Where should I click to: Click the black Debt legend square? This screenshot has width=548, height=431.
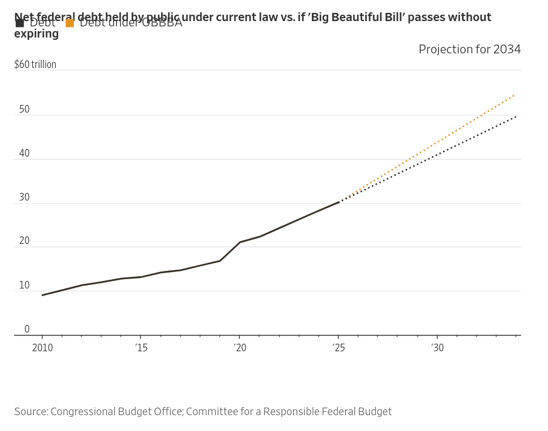tap(20, 23)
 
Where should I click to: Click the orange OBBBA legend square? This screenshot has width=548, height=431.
tap(70, 23)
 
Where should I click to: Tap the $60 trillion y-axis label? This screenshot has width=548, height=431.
tap(35, 65)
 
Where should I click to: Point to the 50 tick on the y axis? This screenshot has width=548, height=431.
tap(24, 110)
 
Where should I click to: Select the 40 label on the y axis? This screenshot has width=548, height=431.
tap(24, 154)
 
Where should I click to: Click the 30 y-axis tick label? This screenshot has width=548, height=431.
tap(24, 198)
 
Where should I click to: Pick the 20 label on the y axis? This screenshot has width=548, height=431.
tap(24, 241)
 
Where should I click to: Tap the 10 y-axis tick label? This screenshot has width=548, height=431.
tap(24, 286)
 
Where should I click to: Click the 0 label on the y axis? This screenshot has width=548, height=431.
tap(27, 330)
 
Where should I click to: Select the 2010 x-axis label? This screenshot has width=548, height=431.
tap(42, 348)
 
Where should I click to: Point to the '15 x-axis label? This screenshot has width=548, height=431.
tap(141, 348)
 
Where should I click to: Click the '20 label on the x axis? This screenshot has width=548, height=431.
tap(240, 348)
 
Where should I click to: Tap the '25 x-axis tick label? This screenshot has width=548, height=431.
tap(338, 348)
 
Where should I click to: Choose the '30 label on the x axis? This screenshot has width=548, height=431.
tap(437, 348)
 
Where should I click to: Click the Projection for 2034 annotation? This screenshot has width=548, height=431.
tap(469, 50)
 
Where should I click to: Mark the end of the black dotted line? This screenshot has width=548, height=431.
tap(516, 116)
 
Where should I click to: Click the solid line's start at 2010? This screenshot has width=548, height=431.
tap(42, 295)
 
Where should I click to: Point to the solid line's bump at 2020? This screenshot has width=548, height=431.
tap(240, 242)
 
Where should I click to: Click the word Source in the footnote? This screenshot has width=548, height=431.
tap(30, 412)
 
